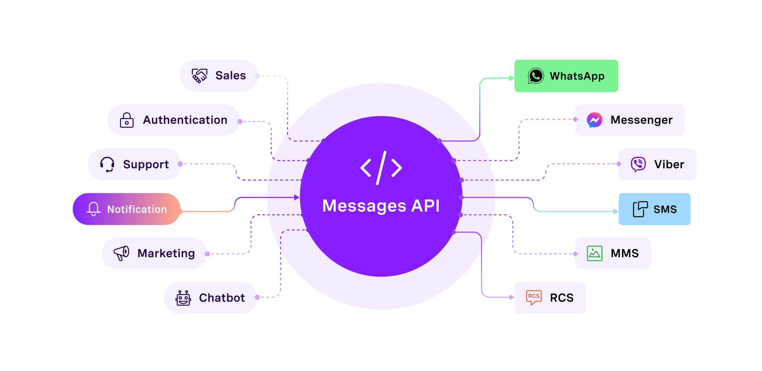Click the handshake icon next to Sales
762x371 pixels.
click(199, 76)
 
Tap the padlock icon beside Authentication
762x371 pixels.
click(127, 120)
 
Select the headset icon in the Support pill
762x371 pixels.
click(107, 165)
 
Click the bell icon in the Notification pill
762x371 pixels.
click(93, 209)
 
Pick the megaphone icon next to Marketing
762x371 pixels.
click(122, 253)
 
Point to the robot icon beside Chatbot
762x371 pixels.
click(183, 298)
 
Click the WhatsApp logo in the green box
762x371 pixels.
click(535, 76)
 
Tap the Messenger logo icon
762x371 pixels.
click(594, 120)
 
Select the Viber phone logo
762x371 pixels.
click(638, 165)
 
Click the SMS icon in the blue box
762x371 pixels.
click(640, 209)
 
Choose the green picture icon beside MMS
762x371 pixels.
click(594, 253)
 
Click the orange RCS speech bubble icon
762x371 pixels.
click(534, 298)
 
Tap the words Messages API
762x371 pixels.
click(381, 206)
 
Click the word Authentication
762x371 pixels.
click(185, 120)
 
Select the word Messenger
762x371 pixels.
click(642, 120)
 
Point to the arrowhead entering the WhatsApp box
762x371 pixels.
click(511, 78)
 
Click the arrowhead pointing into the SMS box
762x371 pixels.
click(615, 212)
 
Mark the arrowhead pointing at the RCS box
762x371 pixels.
click(512, 297)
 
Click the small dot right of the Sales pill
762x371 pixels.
click(257, 76)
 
